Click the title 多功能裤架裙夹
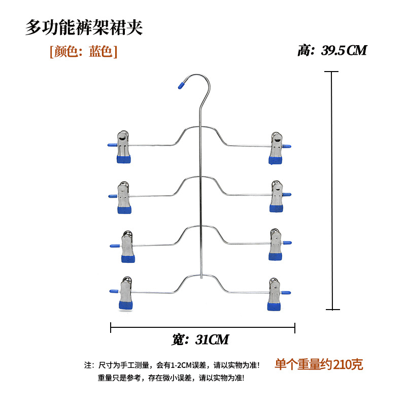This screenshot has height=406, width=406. pos(84,27)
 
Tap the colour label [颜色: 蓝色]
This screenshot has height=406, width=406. pos(83,52)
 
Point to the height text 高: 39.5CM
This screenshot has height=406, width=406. pos(332,51)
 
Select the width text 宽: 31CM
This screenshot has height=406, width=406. pos(200,340)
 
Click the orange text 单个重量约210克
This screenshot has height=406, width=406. pos(319,364)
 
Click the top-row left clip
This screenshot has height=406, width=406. pos(124,148)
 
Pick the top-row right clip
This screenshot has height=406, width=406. pos(277,149)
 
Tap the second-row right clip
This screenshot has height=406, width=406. pos(277,196)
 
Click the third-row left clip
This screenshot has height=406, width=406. pos(127,247)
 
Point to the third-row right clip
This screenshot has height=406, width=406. pos(276,245)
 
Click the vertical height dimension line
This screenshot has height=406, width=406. pos(332,190)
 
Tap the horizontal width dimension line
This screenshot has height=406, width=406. pos(203,328)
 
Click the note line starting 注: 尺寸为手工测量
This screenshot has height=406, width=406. pos(172,365)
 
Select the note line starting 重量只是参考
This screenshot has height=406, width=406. pos(171,378)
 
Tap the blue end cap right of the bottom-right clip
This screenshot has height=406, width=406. pos(287,292)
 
